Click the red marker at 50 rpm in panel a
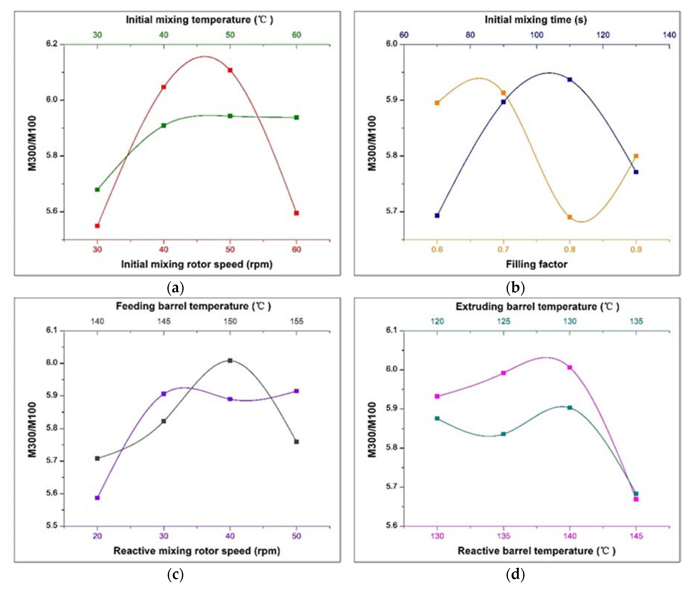(x=230, y=70)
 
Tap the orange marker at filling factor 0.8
(x=570, y=217)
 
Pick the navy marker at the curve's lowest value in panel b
(x=437, y=215)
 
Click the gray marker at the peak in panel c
(x=230, y=360)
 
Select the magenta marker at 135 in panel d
(x=503, y=373)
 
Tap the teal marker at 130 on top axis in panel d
(x=570, y=407)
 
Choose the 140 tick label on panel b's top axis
(x=669, y=35)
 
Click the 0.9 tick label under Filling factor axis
(x=636, y=250)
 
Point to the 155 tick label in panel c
(x=297, y=321)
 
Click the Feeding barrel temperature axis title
(x=193, y=306)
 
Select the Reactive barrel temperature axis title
(x=536, y=551)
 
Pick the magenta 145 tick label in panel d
(x=636, y=536)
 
